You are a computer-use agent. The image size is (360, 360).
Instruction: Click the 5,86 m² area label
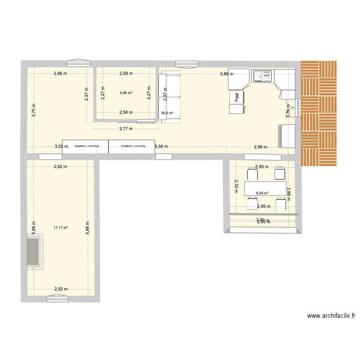click(126, 94)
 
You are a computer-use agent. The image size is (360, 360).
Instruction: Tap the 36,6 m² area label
click(168, 114)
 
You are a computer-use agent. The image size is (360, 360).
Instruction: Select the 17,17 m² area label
click(60, 228)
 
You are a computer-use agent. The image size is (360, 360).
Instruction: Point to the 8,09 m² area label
click(262, 193)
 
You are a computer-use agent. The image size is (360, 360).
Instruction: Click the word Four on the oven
click(237, 96)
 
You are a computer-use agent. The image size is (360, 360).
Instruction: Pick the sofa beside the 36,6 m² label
click(170, 97)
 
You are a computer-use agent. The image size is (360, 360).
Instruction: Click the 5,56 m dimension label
click(161, 147)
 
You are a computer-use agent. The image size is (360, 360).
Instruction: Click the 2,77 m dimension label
click(126, 129)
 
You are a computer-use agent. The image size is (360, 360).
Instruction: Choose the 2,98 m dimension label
click(261, 147)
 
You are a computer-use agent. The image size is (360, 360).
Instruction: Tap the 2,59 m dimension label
click(126, 73)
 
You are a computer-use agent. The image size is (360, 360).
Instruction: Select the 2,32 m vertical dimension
click(236, 186)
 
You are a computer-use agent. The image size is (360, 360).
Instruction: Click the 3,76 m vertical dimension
click(288, 111)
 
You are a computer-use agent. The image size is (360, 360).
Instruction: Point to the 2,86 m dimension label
click(60, 73)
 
